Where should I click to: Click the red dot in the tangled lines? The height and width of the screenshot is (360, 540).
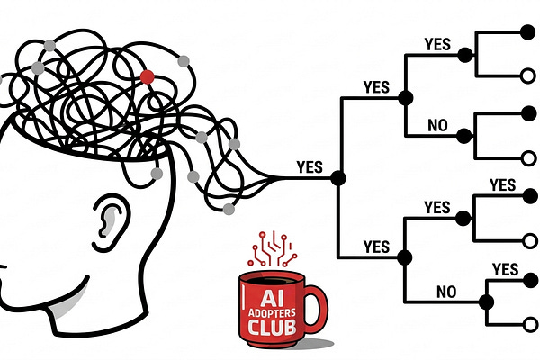pos(147,76)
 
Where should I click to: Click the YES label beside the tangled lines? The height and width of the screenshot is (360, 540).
pos(310,167)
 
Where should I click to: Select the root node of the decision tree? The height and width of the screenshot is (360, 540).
pos(338,177)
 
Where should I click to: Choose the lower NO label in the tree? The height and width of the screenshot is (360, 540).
pos(445,291)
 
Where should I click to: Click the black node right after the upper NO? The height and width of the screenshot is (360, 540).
pos(464,136)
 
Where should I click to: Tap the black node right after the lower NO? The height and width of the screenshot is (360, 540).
pos(487,300)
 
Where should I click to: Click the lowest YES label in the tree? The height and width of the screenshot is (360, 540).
pos(505,268)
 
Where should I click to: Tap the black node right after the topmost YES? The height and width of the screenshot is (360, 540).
pos(464,55)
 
